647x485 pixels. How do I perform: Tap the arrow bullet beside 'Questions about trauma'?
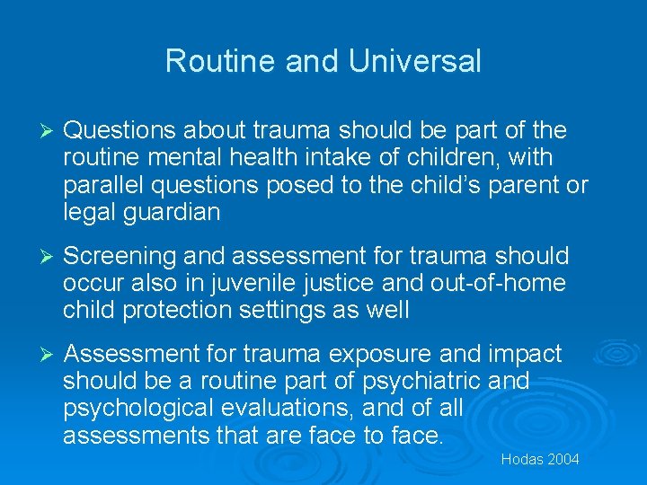coord(38,131)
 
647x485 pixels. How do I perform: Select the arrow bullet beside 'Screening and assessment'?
coord(38,257)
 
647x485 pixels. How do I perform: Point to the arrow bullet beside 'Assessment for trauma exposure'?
coord(38,354)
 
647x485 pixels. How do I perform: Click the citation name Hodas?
coord(521,460)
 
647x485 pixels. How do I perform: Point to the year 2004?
coord(563,460)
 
